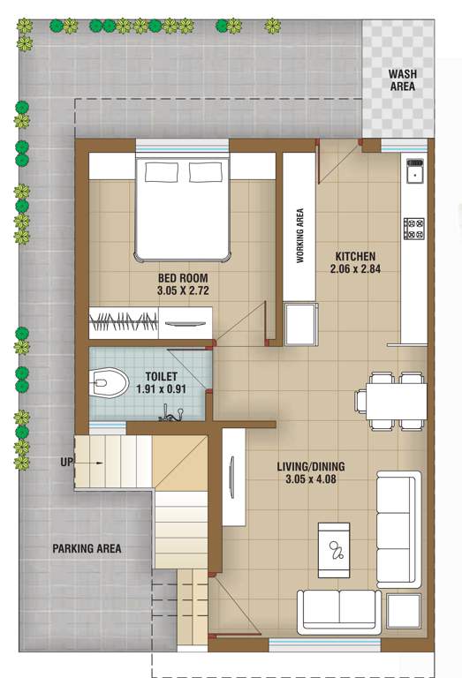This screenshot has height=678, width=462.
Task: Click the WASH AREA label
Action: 403,80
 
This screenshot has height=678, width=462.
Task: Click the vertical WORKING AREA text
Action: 300,236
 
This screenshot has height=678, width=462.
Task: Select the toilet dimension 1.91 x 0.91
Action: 163,388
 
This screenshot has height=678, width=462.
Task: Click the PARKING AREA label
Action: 87,548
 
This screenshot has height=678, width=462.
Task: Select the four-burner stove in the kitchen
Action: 413,228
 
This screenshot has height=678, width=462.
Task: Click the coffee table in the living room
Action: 334,551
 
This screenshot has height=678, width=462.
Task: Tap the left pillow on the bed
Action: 161,172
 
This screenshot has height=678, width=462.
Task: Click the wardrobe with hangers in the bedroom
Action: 124,321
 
